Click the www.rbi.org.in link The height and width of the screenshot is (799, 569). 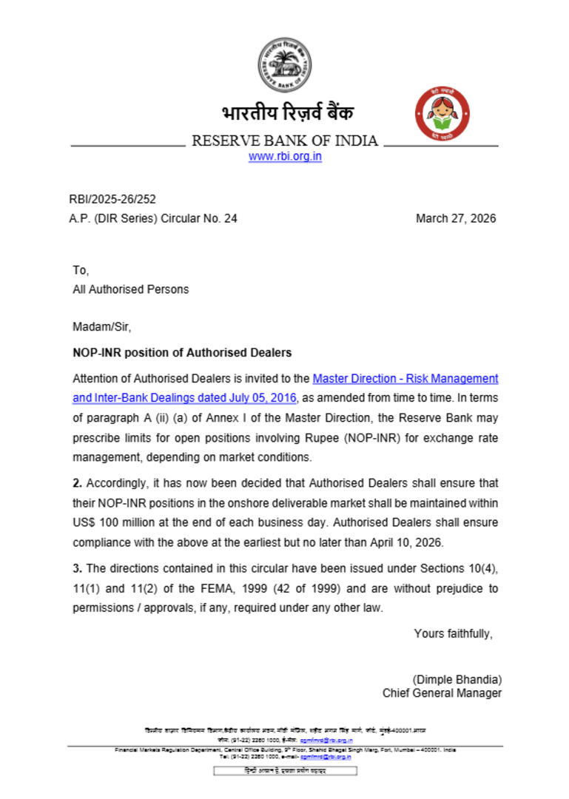285,156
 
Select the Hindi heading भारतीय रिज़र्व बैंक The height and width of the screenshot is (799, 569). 287,113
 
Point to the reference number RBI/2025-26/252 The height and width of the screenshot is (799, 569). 112,199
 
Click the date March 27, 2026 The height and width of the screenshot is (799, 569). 456,218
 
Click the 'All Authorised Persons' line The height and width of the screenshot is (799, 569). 130,289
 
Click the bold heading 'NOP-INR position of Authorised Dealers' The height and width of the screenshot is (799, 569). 182,352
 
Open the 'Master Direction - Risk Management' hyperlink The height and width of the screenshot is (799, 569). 405,378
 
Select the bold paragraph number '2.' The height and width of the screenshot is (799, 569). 77,483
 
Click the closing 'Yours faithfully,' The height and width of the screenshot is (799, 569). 453,633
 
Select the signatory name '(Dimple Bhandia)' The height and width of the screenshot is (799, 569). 457,679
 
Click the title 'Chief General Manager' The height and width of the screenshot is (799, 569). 442,693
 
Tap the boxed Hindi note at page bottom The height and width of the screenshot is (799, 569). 285,771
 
